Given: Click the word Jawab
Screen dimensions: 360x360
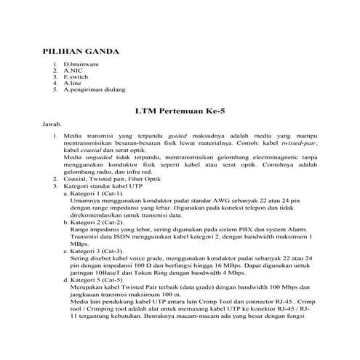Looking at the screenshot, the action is (53, 125).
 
